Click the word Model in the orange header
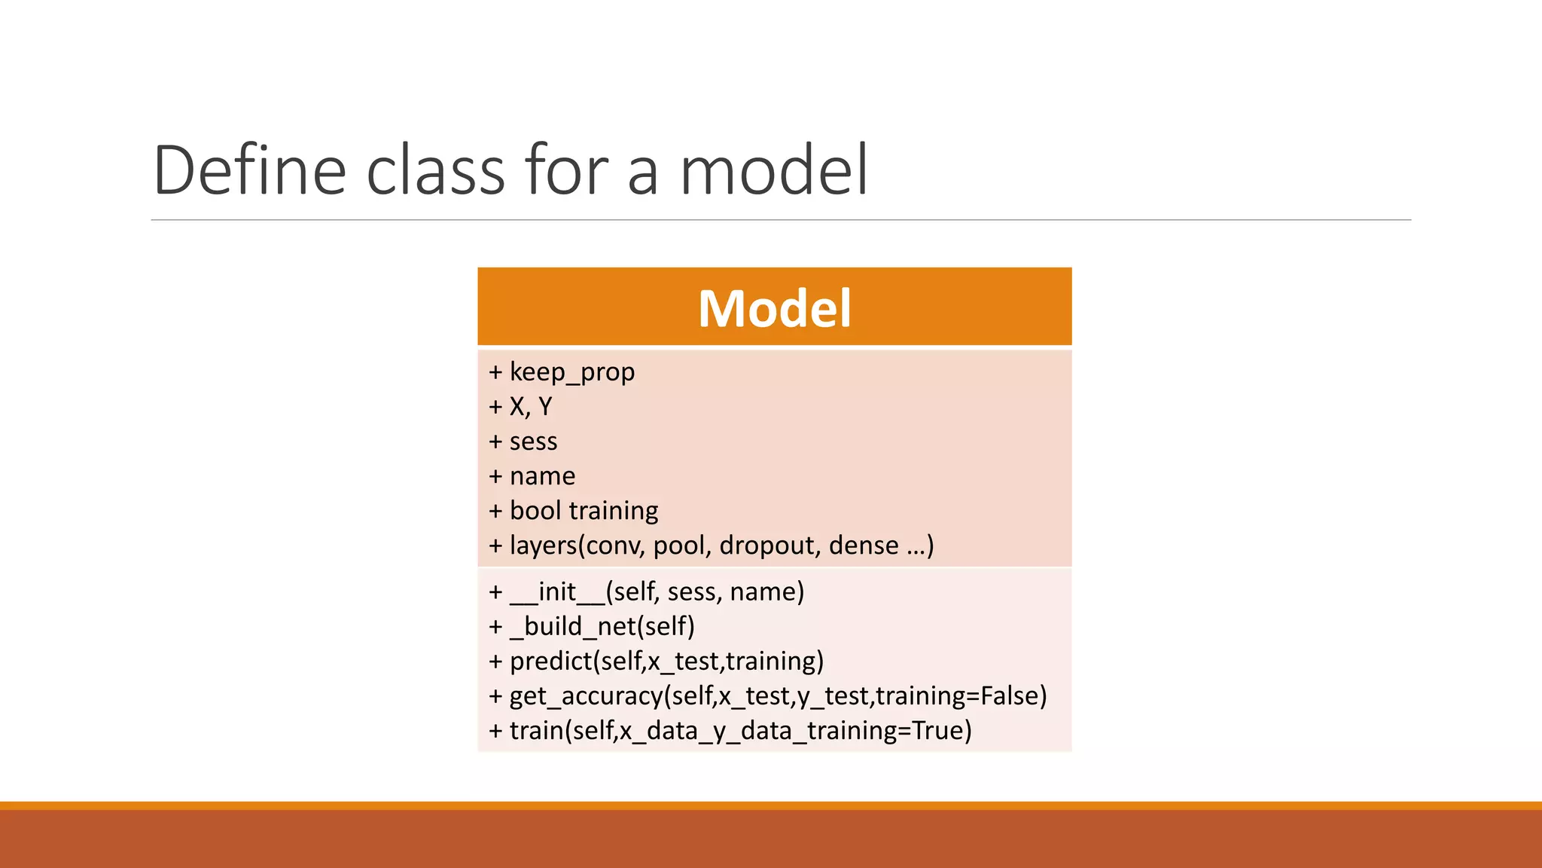point(774,309)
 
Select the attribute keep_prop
point(571,372)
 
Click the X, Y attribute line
point(530,407)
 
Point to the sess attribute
point(533,442)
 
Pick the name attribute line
point(542,476)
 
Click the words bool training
point(584,511)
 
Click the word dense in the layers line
point(864,546)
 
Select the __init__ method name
point(557,592)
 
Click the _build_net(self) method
point(602,627)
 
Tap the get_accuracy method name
point(586,696)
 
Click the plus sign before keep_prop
point(495,372)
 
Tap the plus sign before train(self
point(495,731)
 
